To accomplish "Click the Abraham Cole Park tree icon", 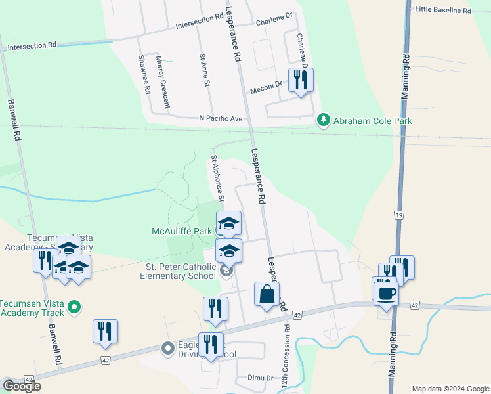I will [323, 120].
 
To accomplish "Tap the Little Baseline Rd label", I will [444, 11].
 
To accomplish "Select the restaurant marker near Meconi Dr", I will [301, 81].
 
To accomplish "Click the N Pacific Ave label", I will [221, 118].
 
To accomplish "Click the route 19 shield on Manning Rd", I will [398, 215].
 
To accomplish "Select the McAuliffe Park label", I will [182, 231].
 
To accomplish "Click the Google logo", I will [21, 386].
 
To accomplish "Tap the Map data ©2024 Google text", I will [450, 389].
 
